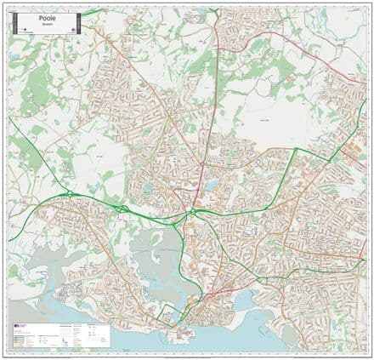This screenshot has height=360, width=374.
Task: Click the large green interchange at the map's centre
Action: point(193,211)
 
